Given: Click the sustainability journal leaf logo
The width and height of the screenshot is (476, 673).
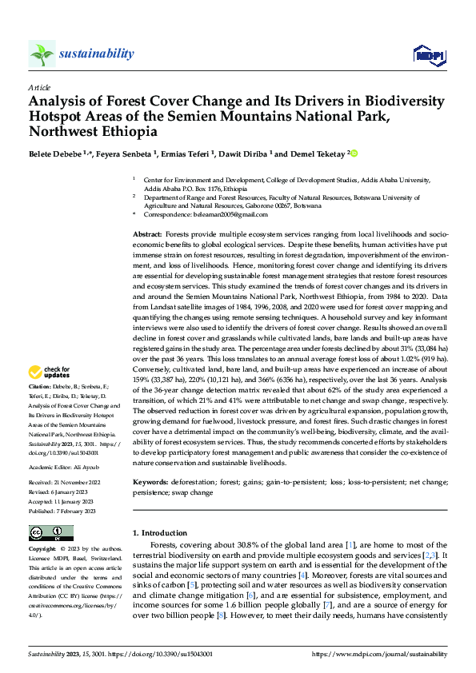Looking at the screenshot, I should [x=42, y=54].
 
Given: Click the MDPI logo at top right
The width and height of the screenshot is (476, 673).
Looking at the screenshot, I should [x=428, y=54].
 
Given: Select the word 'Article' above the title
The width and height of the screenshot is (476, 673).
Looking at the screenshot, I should [x=39, y=87].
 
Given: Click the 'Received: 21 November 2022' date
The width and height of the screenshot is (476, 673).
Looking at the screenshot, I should [x=66, y=484].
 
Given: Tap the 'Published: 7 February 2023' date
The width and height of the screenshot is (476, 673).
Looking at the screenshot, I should [x=64, y=510].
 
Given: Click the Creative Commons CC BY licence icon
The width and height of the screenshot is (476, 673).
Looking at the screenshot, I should [x=51, y=532].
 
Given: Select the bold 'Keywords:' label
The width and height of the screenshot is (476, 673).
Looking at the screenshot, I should [x=150, y=483].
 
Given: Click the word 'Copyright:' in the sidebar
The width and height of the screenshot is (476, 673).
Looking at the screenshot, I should [x=42, y=550].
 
